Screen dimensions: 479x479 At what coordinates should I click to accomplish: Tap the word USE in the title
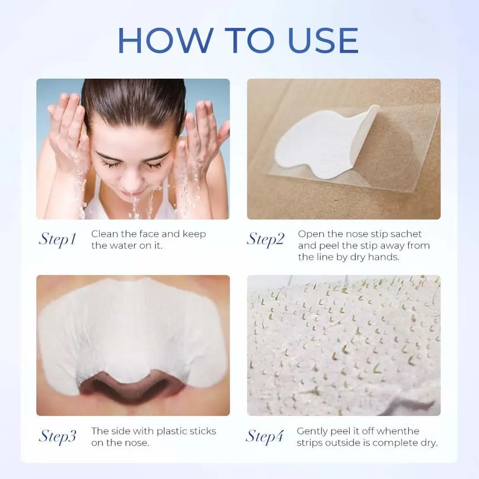click(323, 40)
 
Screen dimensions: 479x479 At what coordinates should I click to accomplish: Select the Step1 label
click(57, 239)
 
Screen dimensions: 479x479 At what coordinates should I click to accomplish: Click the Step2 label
click(266, 239)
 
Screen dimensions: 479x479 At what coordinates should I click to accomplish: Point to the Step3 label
click(57, 436)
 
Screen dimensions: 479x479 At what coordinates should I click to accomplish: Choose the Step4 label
click(265, 436)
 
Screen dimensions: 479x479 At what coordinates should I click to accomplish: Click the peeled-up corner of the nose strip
click(373, 109)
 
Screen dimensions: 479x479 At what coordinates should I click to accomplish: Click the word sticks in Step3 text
click(203, 431)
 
